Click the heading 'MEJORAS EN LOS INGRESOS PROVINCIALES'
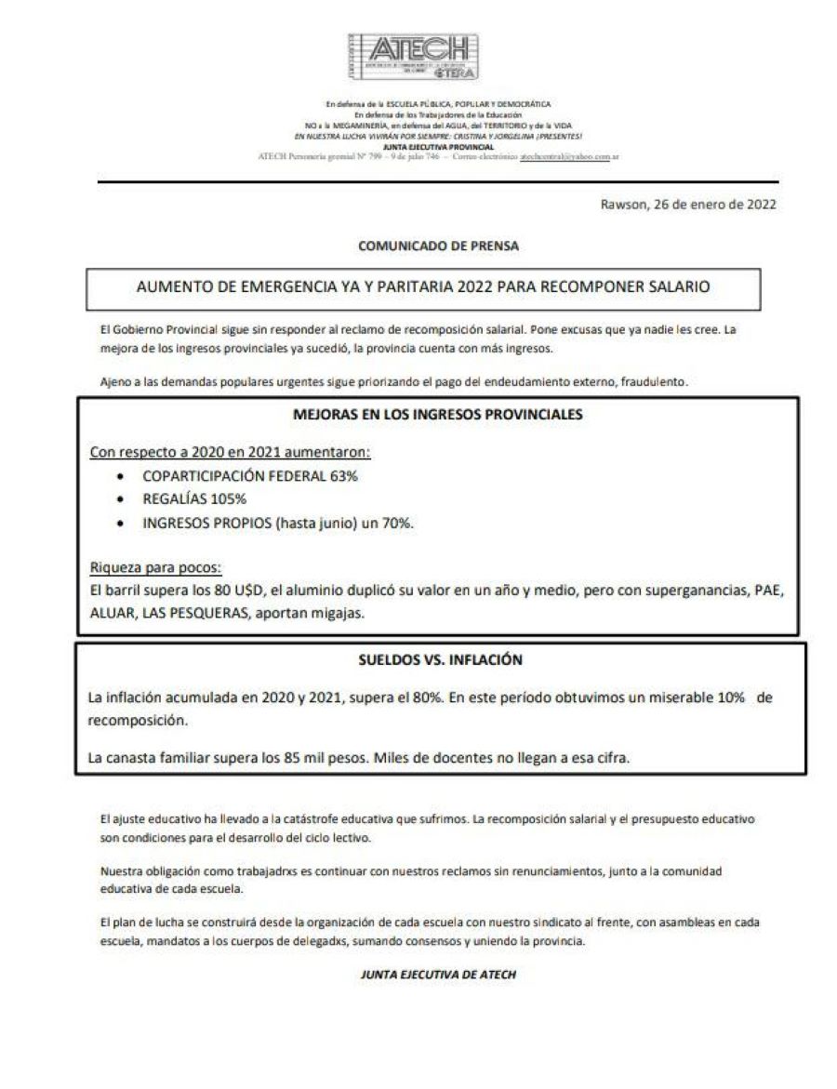pyautogui.click(x=439, y=415)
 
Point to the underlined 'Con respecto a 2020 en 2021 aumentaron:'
pyautogui.click(x=230, y=453)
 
